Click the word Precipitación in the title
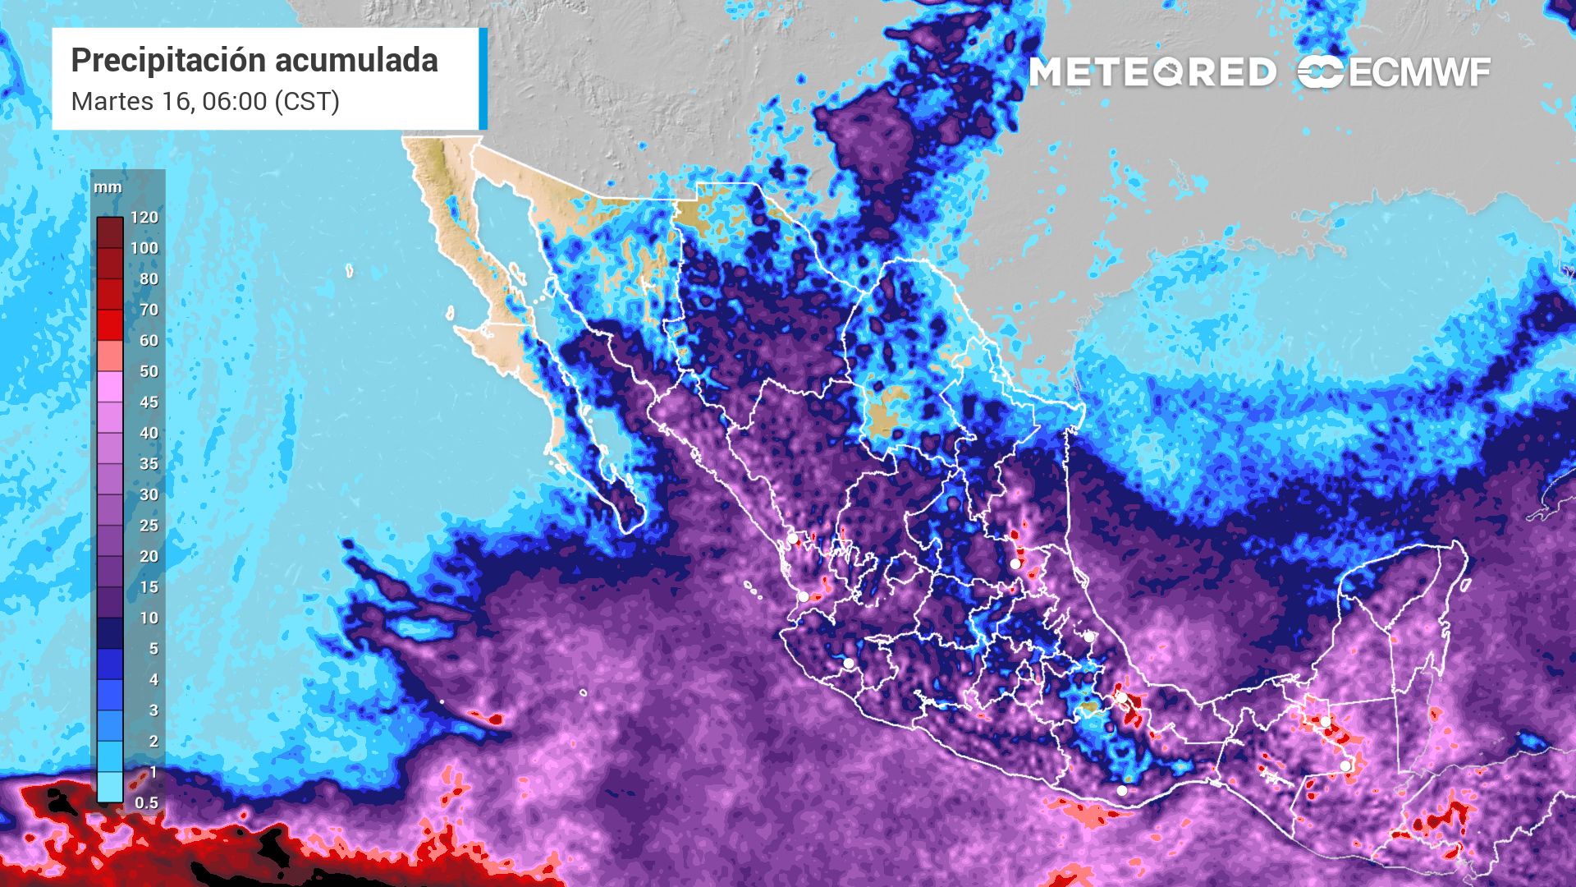point(168,61)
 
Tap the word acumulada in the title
point(356,61)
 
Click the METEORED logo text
point(1152,72)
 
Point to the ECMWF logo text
point(1418,73)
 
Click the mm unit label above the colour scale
point(108,187)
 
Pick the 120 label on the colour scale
point(144,218)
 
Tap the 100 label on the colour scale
point(144,248)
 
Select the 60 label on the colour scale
point(149,341)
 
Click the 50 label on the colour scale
point(149,371)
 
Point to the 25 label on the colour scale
point(149,526)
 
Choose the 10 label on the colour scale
point(149,618)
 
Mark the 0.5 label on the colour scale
point(147,802)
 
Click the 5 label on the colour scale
point(153,649)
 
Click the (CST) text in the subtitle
point(307,102)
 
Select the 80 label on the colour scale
point(149,279)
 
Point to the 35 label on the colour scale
point(149,464)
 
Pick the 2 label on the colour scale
point(153,741)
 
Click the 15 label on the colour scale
point(149,587)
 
